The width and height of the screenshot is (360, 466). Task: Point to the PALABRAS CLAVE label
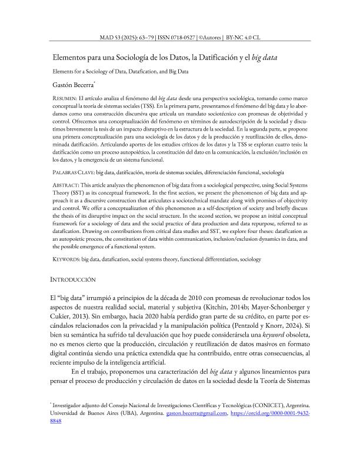(74, 173)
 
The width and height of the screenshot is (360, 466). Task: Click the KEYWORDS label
(65, 259)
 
